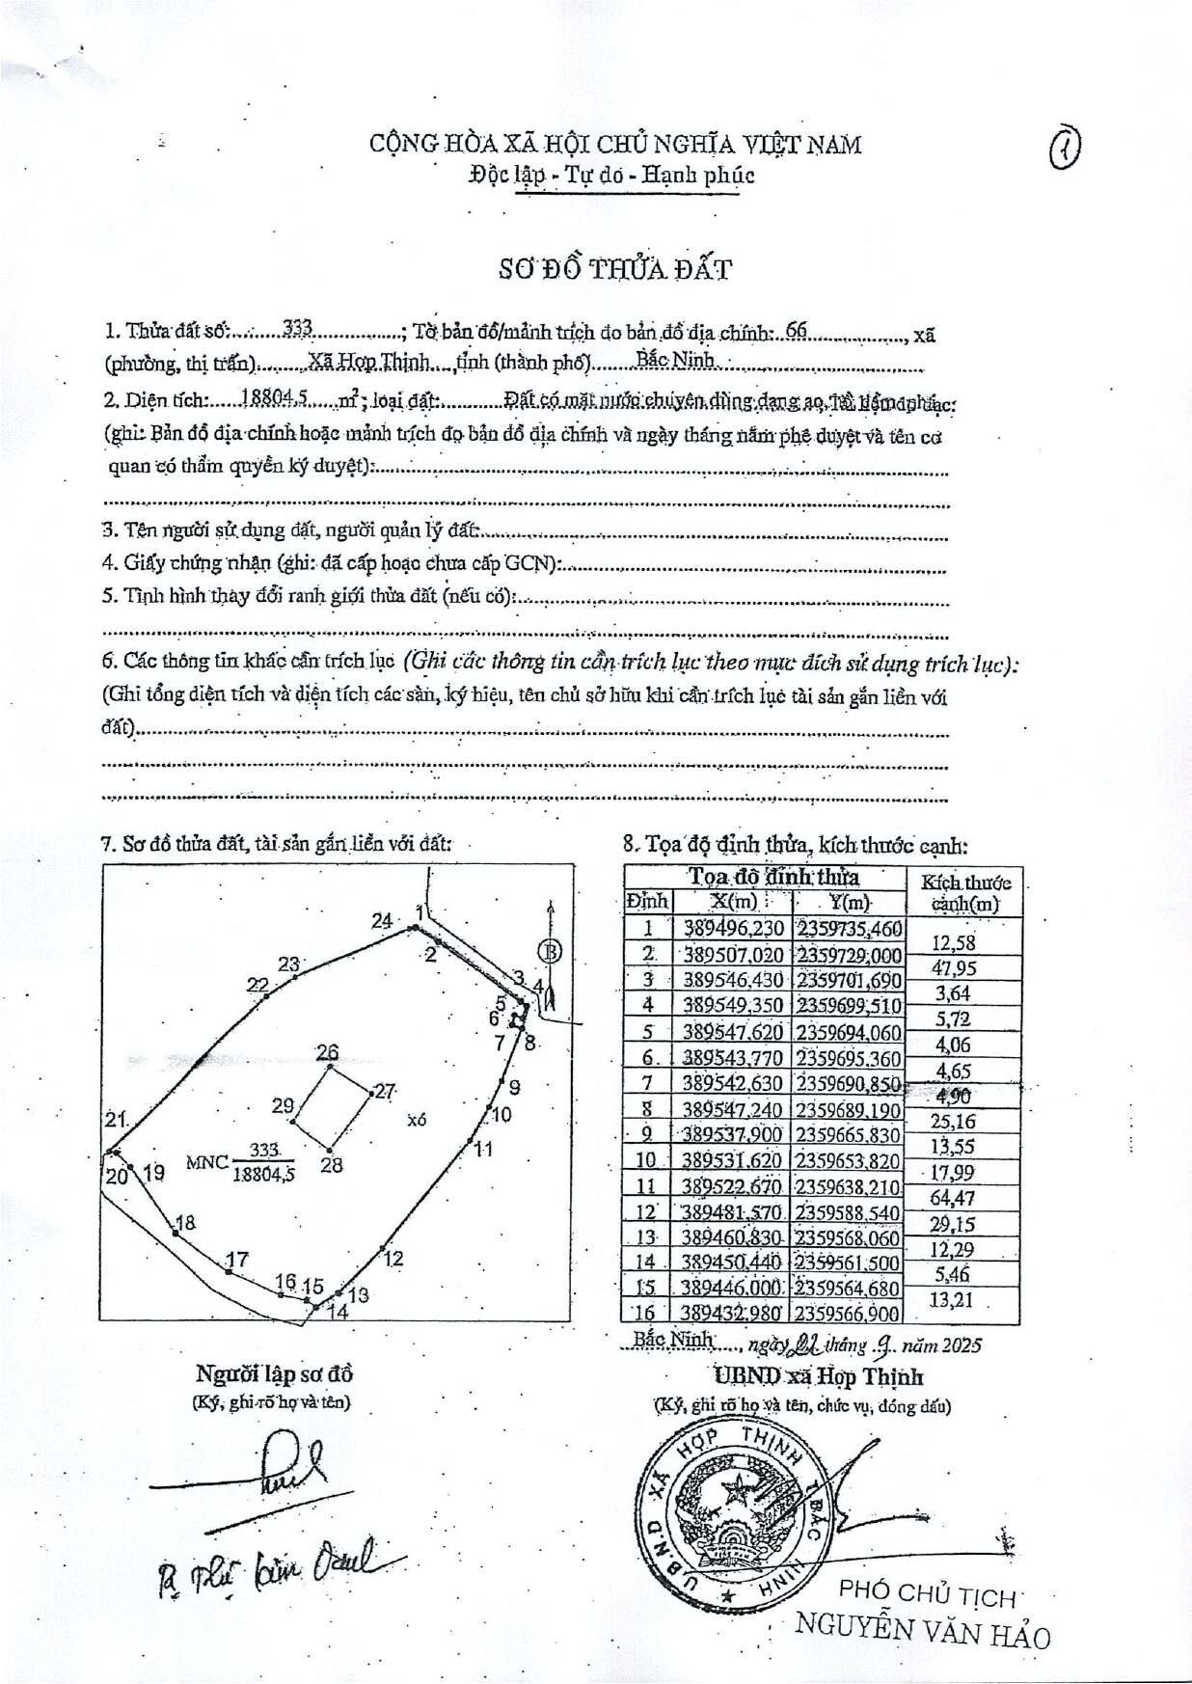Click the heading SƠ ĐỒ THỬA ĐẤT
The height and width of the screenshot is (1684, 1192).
tap(614, 269)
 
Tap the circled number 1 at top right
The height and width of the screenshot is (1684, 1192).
tap(1065, 149)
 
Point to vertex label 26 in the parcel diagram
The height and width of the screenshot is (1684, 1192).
tap(328, 1051)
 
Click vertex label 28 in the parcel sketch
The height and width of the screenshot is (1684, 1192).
tap(332, 1165)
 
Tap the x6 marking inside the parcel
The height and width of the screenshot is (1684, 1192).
tap(417, 1120)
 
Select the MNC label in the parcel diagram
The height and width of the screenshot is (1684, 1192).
tap(208, 1161)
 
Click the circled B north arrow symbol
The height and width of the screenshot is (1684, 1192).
tap(550, 952)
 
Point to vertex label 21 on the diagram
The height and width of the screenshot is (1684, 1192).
tap(117, 1120)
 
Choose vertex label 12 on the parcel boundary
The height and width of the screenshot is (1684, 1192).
tap(393, 1259)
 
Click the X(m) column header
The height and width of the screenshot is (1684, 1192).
tap(733, 902)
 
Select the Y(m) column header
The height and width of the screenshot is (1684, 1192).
tap(849, 903)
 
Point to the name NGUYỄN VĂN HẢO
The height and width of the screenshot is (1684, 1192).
tap(922, 1631)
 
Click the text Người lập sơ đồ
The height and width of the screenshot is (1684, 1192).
tap(274, 1374)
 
